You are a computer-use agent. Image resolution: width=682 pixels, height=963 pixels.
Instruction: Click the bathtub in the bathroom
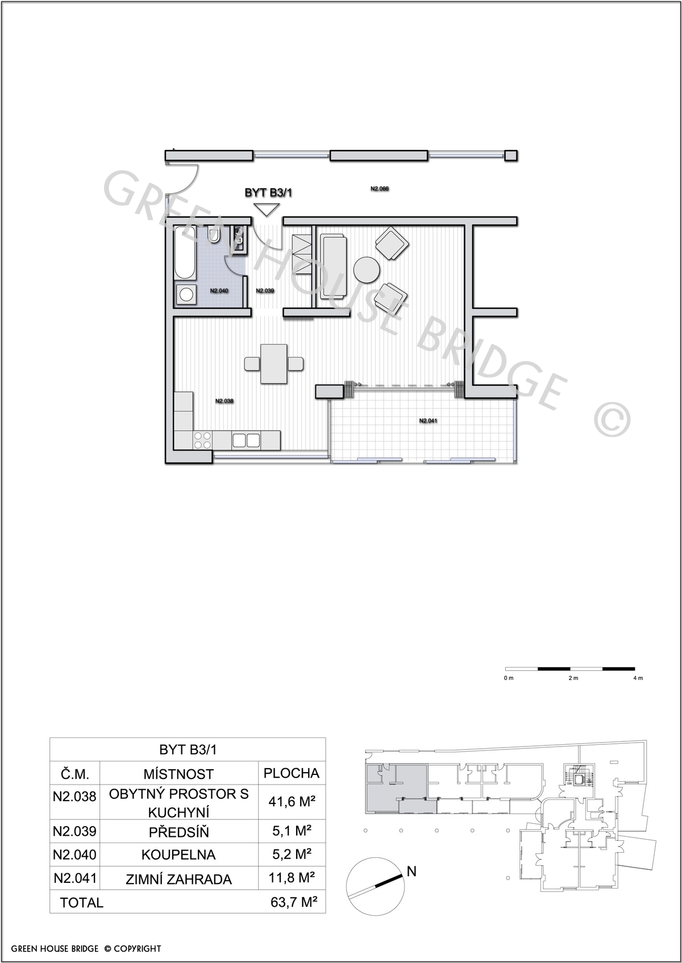click(185, 253)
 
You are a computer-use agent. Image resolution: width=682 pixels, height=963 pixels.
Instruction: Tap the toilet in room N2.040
click(214, 234)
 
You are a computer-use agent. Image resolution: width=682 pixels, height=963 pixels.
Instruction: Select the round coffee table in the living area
click(367, 269)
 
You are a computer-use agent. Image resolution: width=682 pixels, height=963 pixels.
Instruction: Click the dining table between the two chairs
click(274, 364)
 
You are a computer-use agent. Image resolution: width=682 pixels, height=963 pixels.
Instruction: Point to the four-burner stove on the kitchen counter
click(202, 440)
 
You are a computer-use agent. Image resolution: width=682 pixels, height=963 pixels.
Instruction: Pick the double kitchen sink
click(247, 440)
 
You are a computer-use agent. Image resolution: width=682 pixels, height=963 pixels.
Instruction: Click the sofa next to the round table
click(334, 266)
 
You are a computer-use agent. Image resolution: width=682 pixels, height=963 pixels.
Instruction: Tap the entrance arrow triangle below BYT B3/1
click(267, 210)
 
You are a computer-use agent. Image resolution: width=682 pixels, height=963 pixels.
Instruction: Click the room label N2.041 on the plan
click(428, 420)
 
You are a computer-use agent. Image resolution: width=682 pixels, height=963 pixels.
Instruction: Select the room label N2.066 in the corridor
click(380, 188)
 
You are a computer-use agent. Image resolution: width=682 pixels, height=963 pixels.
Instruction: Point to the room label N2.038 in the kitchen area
click(224, 401)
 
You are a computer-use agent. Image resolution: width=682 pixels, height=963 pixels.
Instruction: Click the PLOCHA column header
click(292, 773)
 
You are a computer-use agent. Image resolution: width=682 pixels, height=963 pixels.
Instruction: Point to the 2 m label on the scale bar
click(573, 678)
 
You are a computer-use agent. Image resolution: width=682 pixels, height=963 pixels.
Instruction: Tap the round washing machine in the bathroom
click(186, 294)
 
